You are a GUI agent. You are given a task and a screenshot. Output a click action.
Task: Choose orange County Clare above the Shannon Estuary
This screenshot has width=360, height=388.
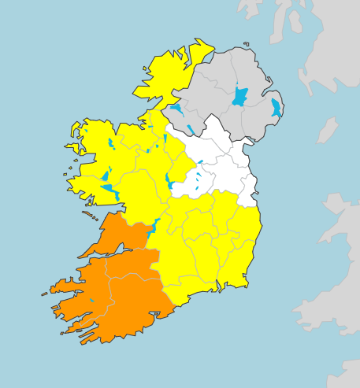tap(118, 232)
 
